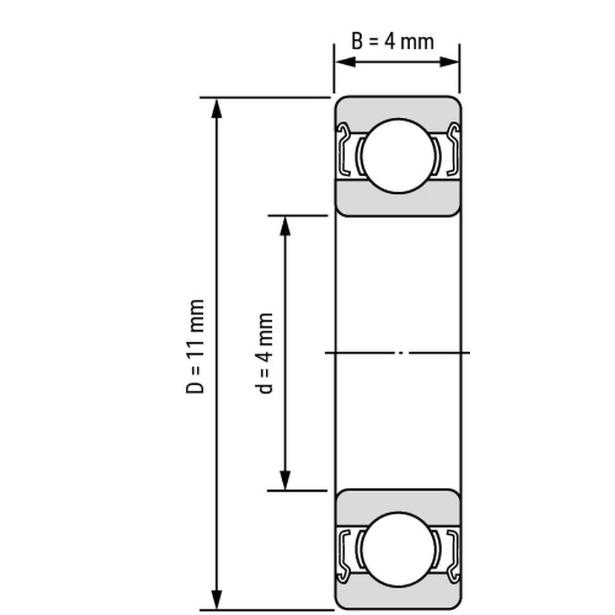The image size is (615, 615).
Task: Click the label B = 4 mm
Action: pyautogui.click(x=393, y=42)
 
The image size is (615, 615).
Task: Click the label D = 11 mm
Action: pyautogui.click(x=195, y=346)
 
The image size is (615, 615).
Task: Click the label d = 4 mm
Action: pyautogui.click(x=264, y=353)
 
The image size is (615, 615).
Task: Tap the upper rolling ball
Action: pyautogui.click(x=398, y=156)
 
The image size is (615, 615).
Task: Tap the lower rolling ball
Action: pyautogui.click(x=398, y=549)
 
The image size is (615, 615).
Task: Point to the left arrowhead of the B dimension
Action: pyautogui.click(x=346, y=62)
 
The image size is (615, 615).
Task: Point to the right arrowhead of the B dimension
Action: pyautogui.click(x=449, y=62)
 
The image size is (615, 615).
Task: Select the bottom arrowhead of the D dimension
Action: pyautogui.click(x=217, y=599)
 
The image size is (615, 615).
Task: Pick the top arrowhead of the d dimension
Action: pyautogui.click(x=285, y=226)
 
